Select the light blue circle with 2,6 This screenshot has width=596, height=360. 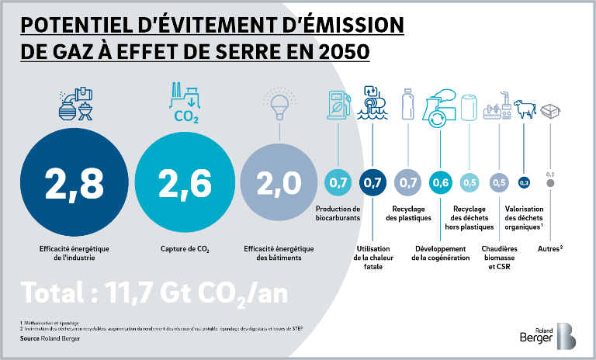(184, 183)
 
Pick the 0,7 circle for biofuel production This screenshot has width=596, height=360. (338, 183)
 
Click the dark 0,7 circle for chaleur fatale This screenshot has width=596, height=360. (372, 183)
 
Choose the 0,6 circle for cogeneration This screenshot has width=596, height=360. (440, 183)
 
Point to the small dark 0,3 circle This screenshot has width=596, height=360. (524, 183)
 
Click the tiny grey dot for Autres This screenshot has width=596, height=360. (550, 184)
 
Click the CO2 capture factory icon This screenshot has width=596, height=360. (184, 102)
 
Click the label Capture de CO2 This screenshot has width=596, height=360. (184, 249)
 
